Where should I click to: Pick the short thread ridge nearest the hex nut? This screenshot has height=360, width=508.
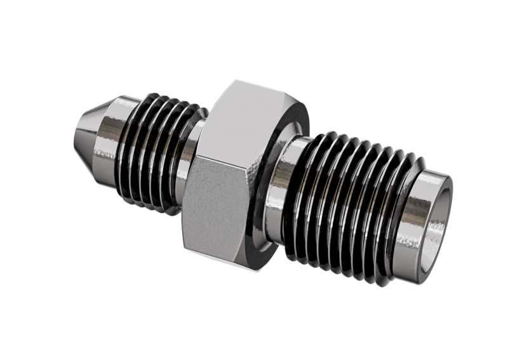coord(185,156)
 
